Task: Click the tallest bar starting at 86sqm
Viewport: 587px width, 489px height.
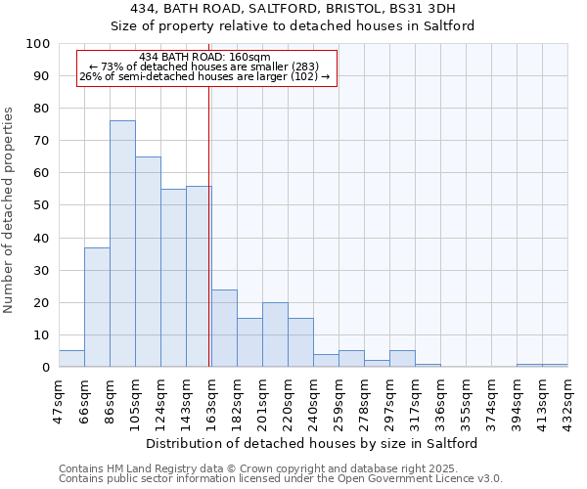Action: click(x=122, y=244)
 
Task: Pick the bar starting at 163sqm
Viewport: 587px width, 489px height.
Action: click(x=224, y=329)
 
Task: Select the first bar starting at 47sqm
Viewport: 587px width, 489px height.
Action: click(x=71, y=359)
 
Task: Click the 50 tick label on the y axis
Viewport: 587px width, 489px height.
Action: click(x=43, y=205)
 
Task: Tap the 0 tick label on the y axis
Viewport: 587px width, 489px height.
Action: click(x=47, y=368)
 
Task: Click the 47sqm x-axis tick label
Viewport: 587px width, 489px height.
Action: click(x=60, y=397)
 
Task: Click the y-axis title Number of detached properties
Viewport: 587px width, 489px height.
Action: click(x=9, y=210)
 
